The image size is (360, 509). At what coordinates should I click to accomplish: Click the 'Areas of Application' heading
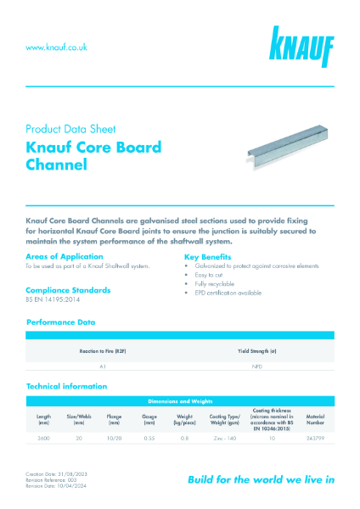click(x=65, y=255)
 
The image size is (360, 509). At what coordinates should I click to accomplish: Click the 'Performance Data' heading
click(x=61, y=322)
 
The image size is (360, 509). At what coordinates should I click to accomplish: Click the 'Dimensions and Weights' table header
click(x=179, y=399)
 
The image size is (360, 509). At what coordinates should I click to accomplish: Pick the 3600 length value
click(x=43, y=439)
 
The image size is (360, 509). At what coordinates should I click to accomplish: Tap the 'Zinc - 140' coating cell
click(x=222, y=439)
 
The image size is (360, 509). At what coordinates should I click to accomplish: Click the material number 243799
click(x=315, y=439)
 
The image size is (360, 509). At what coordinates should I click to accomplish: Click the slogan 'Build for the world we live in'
click(x=261, y=479)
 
